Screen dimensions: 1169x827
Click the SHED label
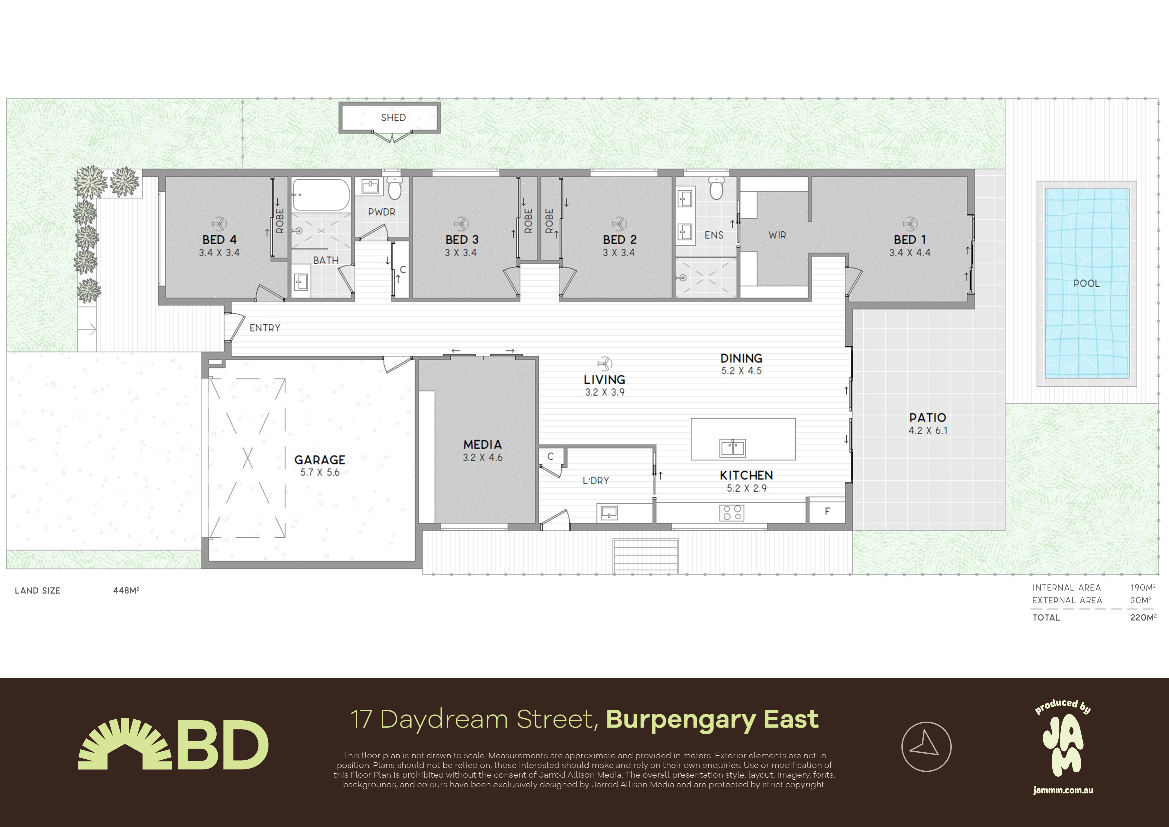pos(393,118)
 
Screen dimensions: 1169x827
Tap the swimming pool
pos(1086,283)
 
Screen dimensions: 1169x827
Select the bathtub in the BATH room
pos(321,195)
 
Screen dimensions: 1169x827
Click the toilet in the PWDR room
pos(395,188)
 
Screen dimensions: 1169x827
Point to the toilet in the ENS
pos(716,188)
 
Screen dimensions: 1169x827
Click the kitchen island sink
pos(733,448)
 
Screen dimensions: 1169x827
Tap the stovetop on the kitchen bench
pos(732,513)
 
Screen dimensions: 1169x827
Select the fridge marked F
pos(827,511)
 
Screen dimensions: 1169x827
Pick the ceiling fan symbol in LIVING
pos(604,363)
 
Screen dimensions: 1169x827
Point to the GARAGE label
pos(320,460)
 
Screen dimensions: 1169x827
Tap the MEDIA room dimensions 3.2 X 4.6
pos(483,458)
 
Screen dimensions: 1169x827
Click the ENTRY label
pos(265,328)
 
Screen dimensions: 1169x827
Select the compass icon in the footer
pos(926,747)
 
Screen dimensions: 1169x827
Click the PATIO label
pos(928,417)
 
